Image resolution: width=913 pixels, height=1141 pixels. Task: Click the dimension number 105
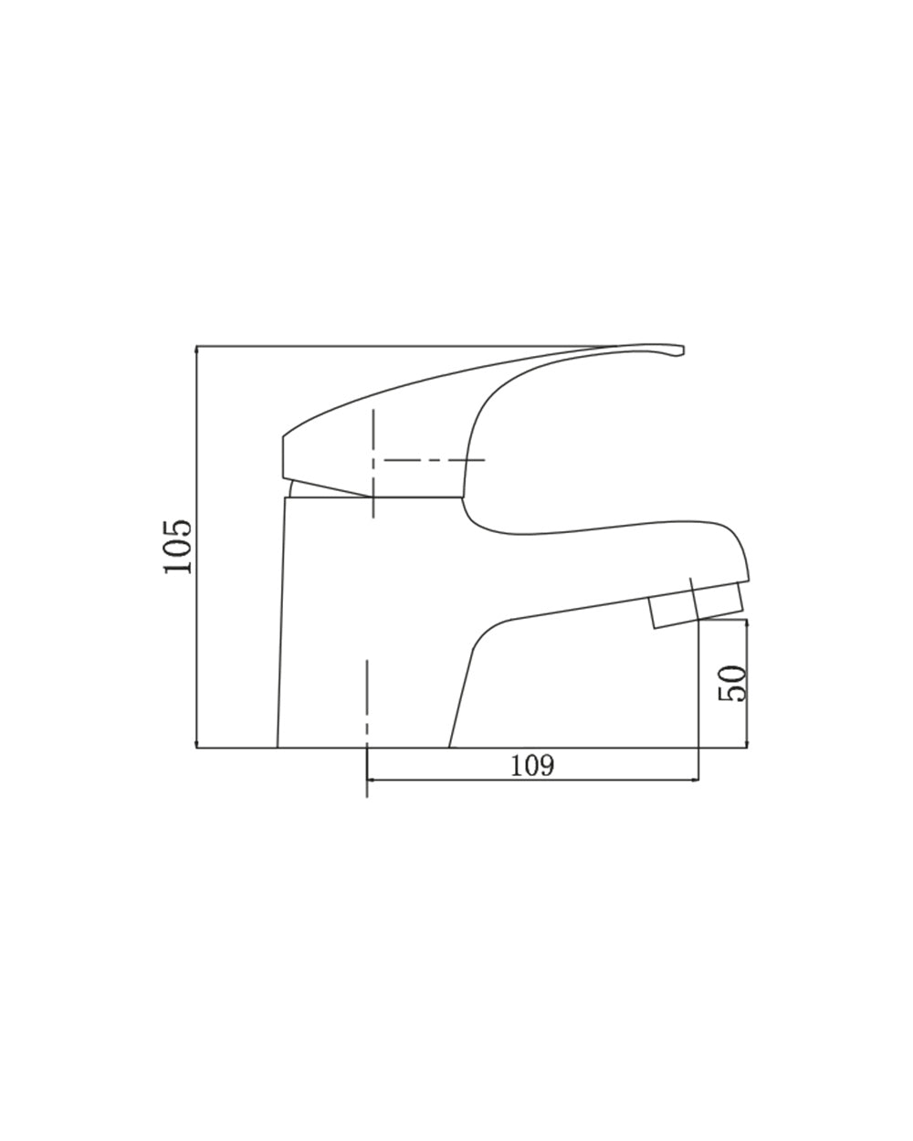pyautogui.click(x=177, y=546)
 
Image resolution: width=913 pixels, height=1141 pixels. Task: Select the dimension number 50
pyautogui.click(x=731, y=683)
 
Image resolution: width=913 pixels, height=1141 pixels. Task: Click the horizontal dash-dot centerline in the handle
pyautogui.click(x=434, y=460)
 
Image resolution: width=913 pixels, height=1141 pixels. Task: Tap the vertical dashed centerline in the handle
pyautogui.click(x=373, y=463)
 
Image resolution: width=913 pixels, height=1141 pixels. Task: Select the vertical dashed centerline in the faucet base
pyautogui.click(x=367, y=729)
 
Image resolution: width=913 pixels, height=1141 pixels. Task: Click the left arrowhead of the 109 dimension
pyautogui.click(x=371, y=780)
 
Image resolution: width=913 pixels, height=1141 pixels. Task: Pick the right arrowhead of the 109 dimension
pyautogui.click(x=695, y=780)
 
